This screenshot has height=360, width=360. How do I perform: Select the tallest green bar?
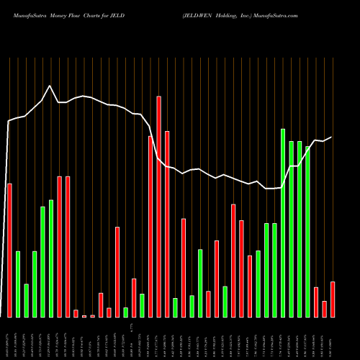pyautogui.click(x=283, y=223)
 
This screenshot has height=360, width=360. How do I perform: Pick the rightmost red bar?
pyautogui.click(x=333, y=300)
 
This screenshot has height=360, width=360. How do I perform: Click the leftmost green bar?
pyautogui.click(x=18, y=284)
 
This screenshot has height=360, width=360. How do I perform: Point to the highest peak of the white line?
pyautogui.click(x=50, y=86)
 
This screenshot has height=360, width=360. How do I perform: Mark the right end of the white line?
pyautogui.click(x=332, y=137)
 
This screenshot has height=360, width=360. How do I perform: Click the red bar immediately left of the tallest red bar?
pyautogui.click(x=150, y=227)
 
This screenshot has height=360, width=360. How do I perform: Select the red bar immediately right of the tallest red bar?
pyautogui.click(x=167, y=225)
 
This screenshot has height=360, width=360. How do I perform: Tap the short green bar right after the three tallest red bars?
pyautogui.click(x=175, y=307)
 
